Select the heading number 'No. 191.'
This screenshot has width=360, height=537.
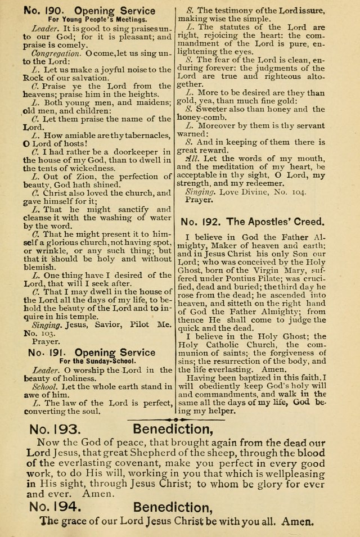47,353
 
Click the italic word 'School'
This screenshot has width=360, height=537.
44,387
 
